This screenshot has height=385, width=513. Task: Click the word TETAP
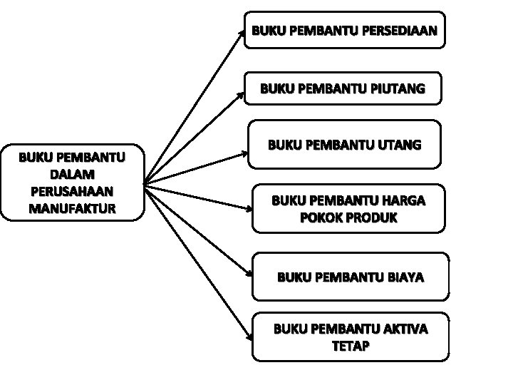click(x=351, y=346)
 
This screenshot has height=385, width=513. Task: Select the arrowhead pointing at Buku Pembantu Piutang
click(x=243, y=93)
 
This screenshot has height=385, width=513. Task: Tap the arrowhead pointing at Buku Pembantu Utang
click(x=245, y=150)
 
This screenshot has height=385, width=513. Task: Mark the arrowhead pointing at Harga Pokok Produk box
click(x=249, y=210)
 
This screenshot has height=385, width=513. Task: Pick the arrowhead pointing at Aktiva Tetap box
click(x=250, y=332)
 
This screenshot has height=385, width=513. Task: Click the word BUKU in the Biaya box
click(x=292, y=276)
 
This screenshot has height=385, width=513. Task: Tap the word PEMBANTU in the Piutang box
click(x=328, y=89)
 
